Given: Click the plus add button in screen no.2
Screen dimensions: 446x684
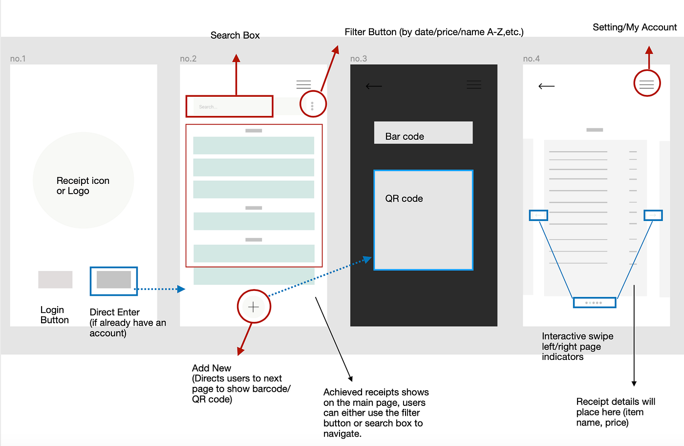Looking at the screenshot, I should coord(254,307).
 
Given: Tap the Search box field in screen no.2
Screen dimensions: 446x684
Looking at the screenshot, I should coord(229,107).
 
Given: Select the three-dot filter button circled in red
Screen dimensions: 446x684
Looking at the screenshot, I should coord(313,105).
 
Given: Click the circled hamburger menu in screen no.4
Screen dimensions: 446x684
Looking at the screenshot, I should coord(646,84).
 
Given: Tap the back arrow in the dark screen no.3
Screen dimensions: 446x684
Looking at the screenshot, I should coord(374,86).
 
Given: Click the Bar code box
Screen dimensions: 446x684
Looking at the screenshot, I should coord(423,133).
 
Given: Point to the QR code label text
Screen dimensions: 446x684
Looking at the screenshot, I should coord(404,199).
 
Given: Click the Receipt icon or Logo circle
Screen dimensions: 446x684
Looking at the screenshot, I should coord(84,180).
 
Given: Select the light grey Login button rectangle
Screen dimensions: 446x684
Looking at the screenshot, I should coord(55,279).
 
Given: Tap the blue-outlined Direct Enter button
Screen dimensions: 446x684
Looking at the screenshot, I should coord(114,281).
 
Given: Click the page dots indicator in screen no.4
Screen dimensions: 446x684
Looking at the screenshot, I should coord(594,303).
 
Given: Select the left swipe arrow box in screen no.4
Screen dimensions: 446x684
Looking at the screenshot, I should coord(538,215).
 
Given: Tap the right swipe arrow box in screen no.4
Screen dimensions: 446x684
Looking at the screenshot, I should coord(653,215).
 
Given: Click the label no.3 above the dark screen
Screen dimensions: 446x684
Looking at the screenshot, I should coord(359,59).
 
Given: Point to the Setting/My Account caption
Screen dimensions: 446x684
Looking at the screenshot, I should coord(634,27).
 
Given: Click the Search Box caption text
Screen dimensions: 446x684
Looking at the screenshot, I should coord(235,35).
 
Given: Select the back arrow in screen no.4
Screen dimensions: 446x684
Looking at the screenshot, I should coord(546,86).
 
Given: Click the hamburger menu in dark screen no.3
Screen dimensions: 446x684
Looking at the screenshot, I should coord(474,85).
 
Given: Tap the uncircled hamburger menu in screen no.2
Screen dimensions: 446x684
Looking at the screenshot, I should coord(303,85).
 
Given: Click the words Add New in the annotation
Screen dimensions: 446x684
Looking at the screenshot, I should coord(212,368).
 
